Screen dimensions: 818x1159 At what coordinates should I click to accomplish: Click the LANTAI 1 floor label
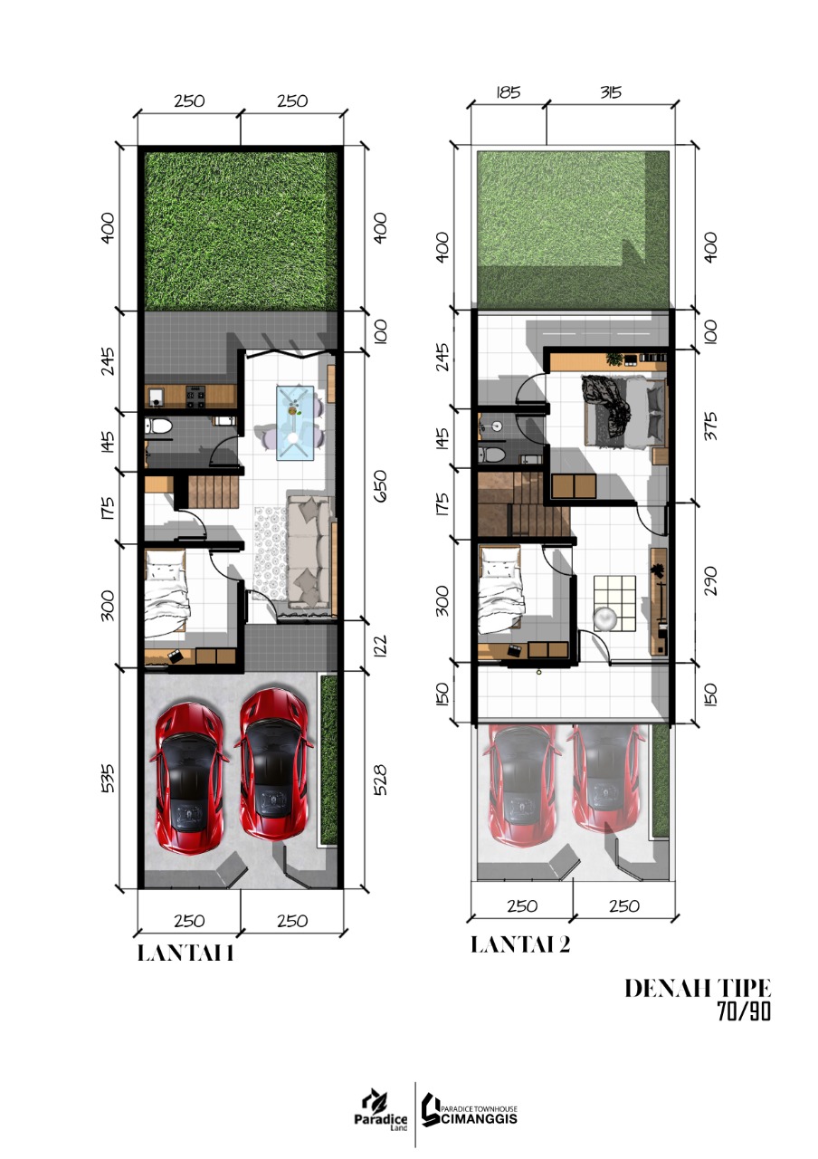point(185,953)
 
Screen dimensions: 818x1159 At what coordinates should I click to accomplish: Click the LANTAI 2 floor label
point(520,944)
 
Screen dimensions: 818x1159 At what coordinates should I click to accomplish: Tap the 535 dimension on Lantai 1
point(107,778)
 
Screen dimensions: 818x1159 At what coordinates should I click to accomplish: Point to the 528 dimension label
point(379,780)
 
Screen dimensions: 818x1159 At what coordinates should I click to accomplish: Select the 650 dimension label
point(380,485)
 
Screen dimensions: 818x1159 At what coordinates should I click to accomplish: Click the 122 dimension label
point(380,647)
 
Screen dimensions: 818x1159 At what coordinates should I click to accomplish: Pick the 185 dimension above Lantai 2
point(508,92)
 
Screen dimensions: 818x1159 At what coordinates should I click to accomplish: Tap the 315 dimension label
point(611,92)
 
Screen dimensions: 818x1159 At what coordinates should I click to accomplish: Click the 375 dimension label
point(711,426)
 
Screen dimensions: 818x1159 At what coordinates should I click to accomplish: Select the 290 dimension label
point(711,580)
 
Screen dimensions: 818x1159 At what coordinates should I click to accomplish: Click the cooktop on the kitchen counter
point(196,396)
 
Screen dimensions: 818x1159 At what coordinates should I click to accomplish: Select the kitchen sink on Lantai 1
point(155,397)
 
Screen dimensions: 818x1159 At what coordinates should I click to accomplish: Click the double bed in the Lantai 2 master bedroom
point(624,411)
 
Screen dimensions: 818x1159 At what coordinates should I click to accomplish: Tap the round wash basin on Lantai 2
point(497,426)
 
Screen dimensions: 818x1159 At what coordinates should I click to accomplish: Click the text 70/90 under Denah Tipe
point(744,1011)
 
